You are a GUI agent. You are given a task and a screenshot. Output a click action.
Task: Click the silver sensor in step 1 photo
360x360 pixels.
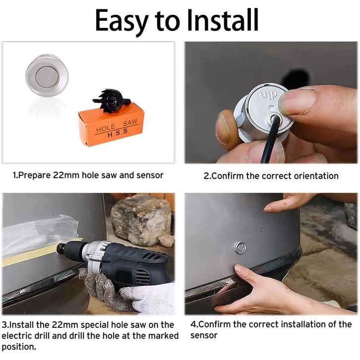[x=47, y=75]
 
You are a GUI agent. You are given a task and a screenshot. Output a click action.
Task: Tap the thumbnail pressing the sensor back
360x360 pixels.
[x=296, y=102]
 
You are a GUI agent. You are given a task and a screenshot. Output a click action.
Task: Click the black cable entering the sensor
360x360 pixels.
[x=269, y=139]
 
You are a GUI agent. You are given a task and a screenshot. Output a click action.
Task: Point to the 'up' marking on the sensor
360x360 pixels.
[x=268, y=94]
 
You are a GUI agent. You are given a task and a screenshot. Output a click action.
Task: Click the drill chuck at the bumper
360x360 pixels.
[x=61, y=248]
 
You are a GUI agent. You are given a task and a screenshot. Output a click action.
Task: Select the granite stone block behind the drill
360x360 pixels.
[x=142, y=220]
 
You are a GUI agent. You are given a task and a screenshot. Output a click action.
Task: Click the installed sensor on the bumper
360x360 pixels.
[x=240, y=248]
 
